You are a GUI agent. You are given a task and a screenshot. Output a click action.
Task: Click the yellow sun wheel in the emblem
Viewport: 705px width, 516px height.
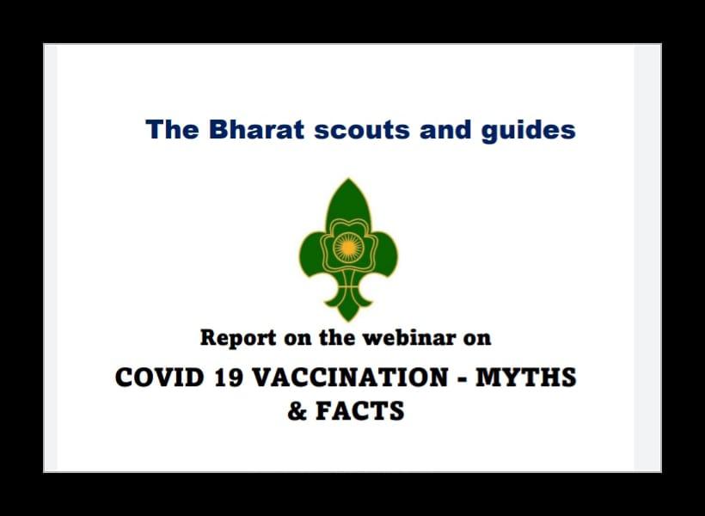click(x=348, y=247)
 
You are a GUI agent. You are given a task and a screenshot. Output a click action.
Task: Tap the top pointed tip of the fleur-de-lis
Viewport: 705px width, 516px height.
click(x=348, y=183)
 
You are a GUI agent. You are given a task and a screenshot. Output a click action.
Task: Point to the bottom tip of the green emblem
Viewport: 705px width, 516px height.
click(x=348, y=316)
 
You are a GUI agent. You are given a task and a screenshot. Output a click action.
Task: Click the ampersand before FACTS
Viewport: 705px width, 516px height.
click(x=297, y=411)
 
